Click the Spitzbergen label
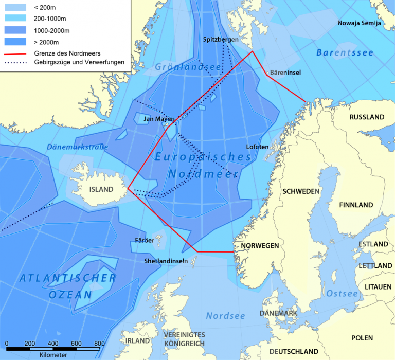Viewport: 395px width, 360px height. coord(221,39)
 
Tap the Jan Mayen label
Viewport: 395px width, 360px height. coord(159,119)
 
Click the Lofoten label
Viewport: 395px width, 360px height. coord(257,147)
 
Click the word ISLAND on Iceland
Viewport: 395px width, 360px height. coord(101,189)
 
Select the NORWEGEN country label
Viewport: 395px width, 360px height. coord(260,245)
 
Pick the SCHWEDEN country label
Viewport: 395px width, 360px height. coord(301,191)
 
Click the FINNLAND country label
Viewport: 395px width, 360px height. coord(356,205)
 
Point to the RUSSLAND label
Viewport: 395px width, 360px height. coord(367,117)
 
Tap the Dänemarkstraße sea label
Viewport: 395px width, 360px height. coord(78,147)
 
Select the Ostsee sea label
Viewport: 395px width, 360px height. coord(342,294)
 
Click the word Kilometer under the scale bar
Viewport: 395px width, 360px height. coord(53,355)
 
